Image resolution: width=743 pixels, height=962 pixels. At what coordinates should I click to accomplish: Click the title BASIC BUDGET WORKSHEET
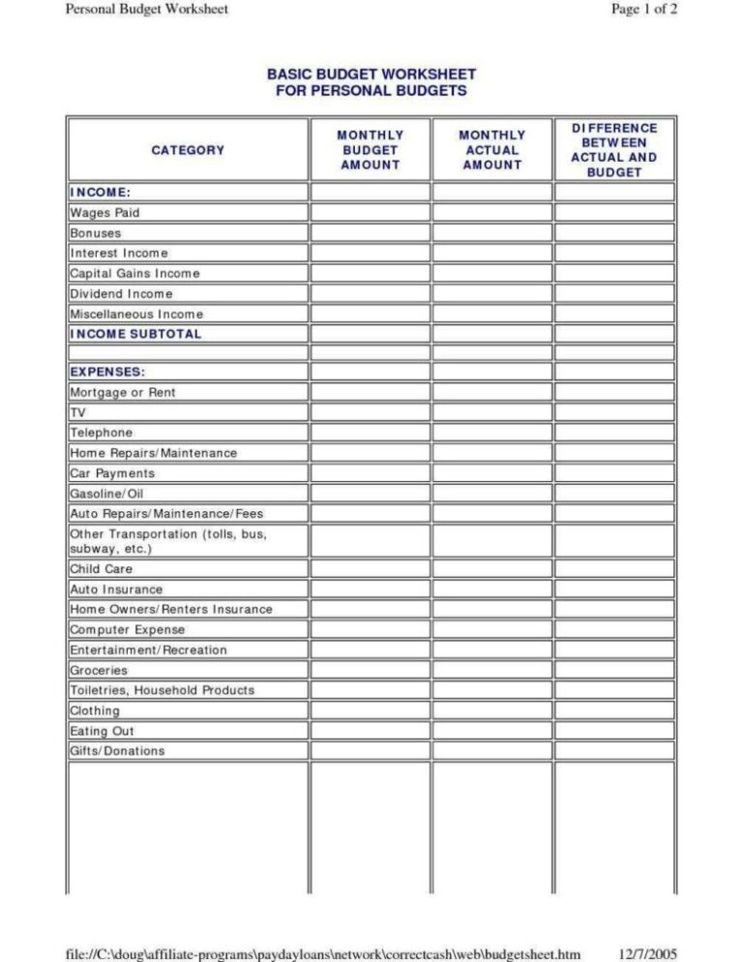point(371,75)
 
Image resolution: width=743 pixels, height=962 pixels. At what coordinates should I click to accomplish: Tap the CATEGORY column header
point(188,150)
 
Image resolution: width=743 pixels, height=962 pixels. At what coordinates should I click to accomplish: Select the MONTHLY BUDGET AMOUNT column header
point(370,150)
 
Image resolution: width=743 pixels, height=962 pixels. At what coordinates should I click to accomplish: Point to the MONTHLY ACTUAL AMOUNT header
point(491,150)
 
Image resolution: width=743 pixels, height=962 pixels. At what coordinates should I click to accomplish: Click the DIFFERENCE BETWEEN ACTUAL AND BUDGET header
point(613,150)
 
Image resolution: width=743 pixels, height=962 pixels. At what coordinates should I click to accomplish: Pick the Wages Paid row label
point(105,212)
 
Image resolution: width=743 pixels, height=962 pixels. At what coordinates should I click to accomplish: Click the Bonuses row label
point(95,233)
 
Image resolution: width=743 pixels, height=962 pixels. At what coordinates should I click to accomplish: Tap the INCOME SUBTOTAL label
point(135,334)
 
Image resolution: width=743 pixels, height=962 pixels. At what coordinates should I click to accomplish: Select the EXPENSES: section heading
point(108,372)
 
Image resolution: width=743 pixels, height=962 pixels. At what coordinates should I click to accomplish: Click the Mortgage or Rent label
point(123,393)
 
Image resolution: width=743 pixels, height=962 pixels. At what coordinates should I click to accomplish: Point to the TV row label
point(78,412)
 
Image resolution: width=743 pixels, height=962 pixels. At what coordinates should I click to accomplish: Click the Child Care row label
point(101,569)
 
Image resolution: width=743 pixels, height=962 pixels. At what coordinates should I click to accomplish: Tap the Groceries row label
point(99,670)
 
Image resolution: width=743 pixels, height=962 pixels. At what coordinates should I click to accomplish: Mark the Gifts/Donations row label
point(117,751)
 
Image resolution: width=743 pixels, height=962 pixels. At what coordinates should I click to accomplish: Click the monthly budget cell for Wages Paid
point(370,212)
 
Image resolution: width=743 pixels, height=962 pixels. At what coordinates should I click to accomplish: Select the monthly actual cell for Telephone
point(491,433)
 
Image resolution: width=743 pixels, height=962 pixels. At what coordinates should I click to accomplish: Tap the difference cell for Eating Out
point(613,731)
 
